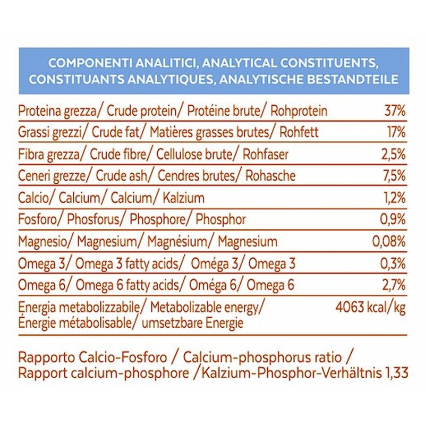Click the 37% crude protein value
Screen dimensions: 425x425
395,111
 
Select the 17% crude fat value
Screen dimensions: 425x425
396,133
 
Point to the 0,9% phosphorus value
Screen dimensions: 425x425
393,219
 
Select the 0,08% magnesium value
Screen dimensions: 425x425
389,242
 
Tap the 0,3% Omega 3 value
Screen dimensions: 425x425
393,263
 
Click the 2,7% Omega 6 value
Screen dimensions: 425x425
394,285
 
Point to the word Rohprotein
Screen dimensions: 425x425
299,112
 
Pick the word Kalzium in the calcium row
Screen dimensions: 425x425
181,198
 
